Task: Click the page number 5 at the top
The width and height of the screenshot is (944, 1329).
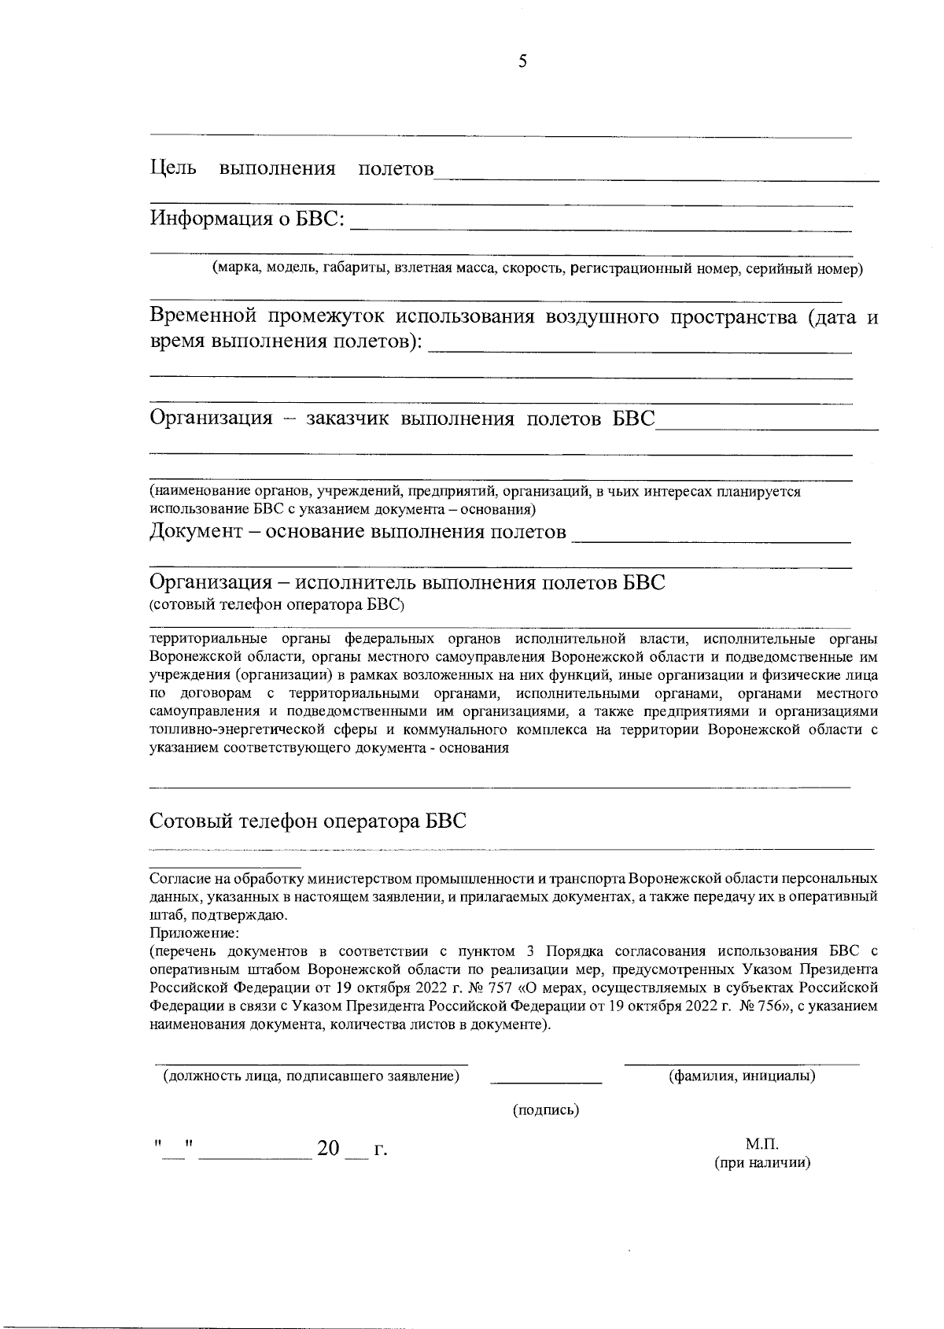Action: coord(522,62)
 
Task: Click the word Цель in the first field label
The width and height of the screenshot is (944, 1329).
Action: coord(173,168)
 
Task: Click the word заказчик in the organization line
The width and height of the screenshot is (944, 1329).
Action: coord(348,418)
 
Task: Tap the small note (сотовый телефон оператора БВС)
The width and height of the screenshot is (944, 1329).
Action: coord(277,605)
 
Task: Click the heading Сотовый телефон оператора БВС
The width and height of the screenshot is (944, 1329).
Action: coord(308,821)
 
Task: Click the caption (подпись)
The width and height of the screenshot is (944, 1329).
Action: coord(546,1110)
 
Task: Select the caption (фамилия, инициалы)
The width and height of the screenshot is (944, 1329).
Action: coord(741,1076)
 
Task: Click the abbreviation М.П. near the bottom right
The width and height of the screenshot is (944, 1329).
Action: coord(761,1144)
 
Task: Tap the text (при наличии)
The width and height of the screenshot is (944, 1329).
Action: coord(761,1162)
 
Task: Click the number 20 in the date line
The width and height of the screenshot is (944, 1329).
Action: coord(328,1149)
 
